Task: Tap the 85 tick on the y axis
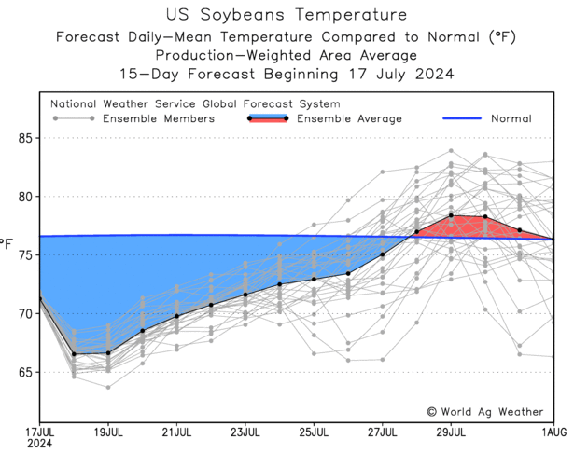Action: pyautogui.click(x=25, y=138)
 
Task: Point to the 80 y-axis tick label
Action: pyautogui.click(x=25, y=197)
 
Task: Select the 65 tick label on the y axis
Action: pyautogui.click(x=25, y=372)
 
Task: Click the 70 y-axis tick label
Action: pyautogui.click(x=25, y=313)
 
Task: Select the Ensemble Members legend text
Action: pyautogui.click(x=159, y=119)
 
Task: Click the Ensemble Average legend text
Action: pyautogui.click(x=349, y=119)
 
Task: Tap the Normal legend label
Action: pyautogui.click(x=511, y=119)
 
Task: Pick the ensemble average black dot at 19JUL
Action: pyautogui.click(x=108, y=353)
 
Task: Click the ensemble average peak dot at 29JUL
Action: pyautogui.click(x=451, y=215)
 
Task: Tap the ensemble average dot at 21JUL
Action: pyautogui.click(x=176, y=316)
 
